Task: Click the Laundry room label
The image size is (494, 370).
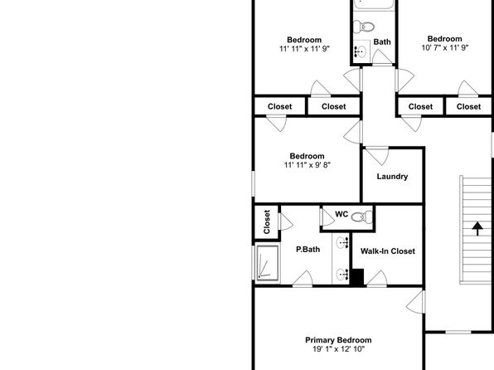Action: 392,177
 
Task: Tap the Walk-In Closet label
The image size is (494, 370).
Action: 388,251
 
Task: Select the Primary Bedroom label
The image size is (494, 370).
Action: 338,340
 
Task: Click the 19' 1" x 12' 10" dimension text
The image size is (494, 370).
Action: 339,349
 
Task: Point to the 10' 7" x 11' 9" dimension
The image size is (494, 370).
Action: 445,47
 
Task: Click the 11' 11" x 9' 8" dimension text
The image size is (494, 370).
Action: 308,164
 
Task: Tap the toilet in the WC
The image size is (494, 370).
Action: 362,217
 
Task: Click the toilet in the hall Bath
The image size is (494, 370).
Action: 363,27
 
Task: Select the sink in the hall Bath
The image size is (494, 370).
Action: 361,51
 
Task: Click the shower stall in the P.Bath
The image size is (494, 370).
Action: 268,263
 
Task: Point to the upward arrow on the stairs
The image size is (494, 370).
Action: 477,229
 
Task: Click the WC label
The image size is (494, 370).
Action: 341,214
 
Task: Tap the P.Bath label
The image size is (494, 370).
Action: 308,249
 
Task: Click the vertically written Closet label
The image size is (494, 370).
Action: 267,222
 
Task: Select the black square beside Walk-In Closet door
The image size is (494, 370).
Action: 357,277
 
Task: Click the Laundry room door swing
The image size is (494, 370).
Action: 377,156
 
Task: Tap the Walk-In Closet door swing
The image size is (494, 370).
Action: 377,279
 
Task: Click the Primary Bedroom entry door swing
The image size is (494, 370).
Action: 415,302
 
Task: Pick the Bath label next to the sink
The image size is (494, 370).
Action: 382,41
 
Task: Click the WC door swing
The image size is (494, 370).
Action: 327,217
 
